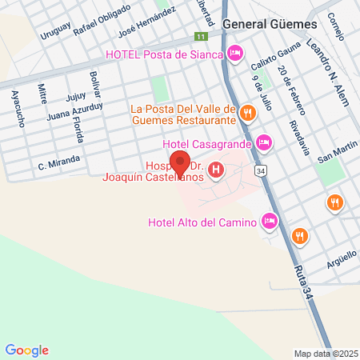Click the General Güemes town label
270,24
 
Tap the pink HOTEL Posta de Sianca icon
235,54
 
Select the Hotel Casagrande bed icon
264,143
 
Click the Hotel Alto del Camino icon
270,222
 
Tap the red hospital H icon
215,170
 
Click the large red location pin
180,163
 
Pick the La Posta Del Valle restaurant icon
248,114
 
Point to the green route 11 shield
201,37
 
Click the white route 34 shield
261,170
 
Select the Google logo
27,350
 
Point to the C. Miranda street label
58,163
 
